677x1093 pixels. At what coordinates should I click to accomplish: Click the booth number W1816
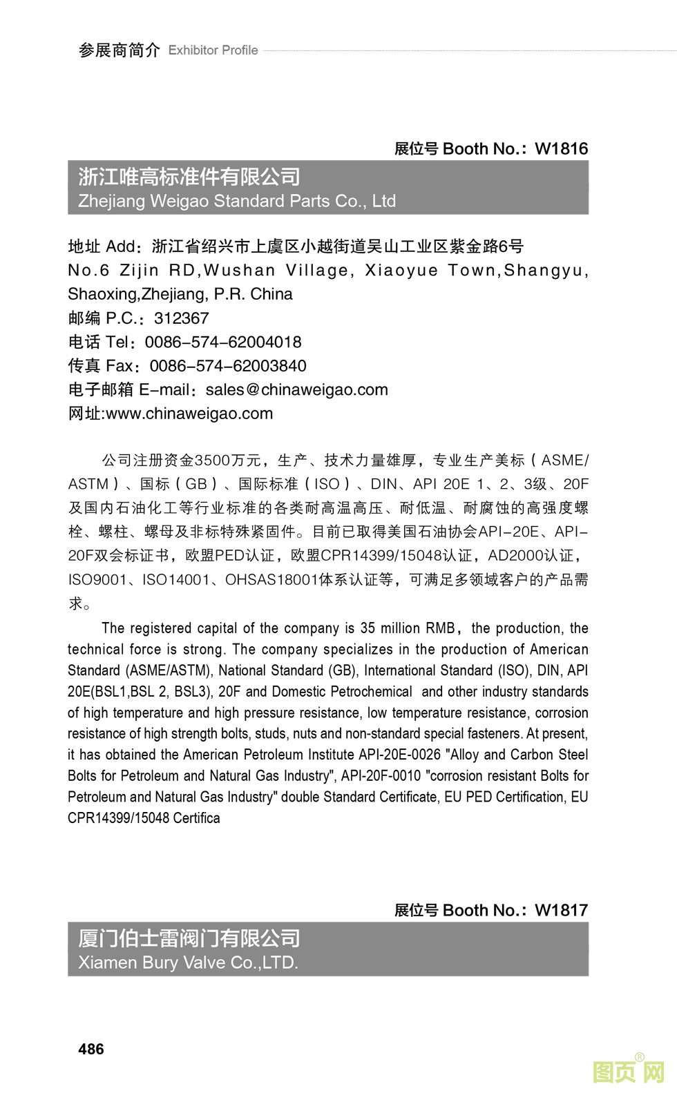point(561,148)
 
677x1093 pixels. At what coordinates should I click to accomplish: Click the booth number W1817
point(561,910)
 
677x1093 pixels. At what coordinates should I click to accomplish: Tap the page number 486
point(91,1050)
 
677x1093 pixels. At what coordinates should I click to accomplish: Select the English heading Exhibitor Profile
point(213,50)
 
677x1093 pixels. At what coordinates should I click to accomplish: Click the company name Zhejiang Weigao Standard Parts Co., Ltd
point(237,201)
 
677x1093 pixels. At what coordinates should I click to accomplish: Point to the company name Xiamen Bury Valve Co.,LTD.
point(188,963)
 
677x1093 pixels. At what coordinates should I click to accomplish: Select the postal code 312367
point(181,318)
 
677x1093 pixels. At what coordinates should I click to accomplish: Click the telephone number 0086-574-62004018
point(223,342)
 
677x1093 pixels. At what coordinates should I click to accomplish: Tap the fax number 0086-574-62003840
point(228,366)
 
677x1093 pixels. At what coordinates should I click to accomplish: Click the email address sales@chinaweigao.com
point(297,390)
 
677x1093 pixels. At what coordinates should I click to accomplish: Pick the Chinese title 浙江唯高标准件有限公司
point(189,177)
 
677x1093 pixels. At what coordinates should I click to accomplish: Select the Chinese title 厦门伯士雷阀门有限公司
point(189,938)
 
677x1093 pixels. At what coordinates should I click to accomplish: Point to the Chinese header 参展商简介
point(119,50)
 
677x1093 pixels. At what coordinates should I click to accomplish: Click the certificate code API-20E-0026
point(399,755)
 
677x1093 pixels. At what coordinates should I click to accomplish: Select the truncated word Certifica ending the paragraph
point(196,818)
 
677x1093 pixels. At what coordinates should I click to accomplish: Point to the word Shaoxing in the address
point(102,294)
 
